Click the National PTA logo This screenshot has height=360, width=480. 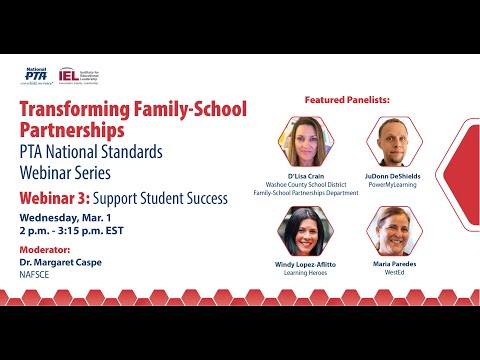click(x=37, y=76)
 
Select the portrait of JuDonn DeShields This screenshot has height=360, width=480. click(x=393, y=141)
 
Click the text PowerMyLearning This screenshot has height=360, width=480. click(x=393, y=184)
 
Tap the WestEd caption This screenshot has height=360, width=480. click(x=393, y=273)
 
